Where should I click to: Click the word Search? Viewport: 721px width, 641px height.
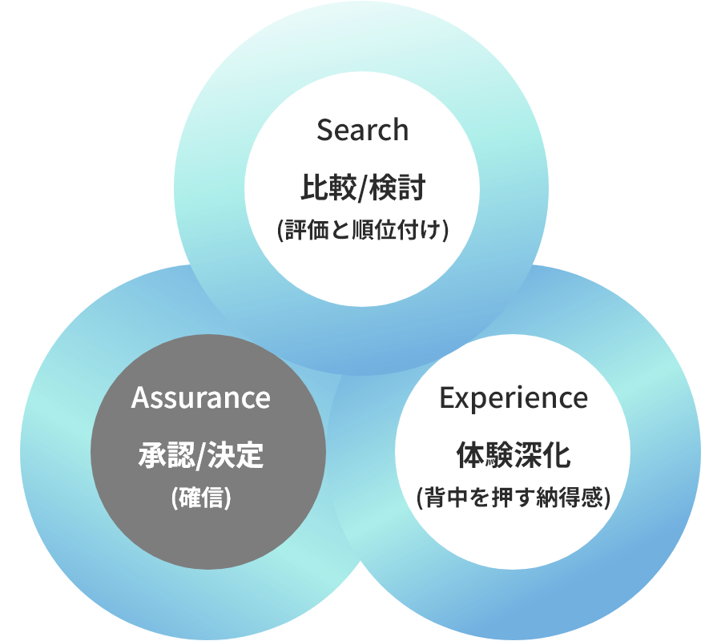(x=362, y=130)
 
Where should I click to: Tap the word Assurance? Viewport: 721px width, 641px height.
(x=200, y=397)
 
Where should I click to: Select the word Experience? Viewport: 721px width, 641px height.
(x=514, y=397)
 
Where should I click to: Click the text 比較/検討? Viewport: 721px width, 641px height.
(x=362, y=190)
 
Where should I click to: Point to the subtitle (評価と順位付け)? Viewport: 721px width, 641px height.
(x=362, y=230)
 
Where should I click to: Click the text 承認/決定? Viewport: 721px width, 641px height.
(x=200, y=458)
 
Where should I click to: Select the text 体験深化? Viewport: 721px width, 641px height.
(x=514, y=458)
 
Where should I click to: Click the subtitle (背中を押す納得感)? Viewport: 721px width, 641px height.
(x=514, y=498)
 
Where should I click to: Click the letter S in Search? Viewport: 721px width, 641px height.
(x=324, y=130)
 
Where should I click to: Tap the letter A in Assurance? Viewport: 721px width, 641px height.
(x=140, y=397)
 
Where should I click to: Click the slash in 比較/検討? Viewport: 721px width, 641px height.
(x=363, y=190)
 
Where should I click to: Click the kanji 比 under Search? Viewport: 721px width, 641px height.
(x=313, y=190)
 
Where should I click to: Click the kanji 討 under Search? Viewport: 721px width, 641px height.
(x=411, y=190)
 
